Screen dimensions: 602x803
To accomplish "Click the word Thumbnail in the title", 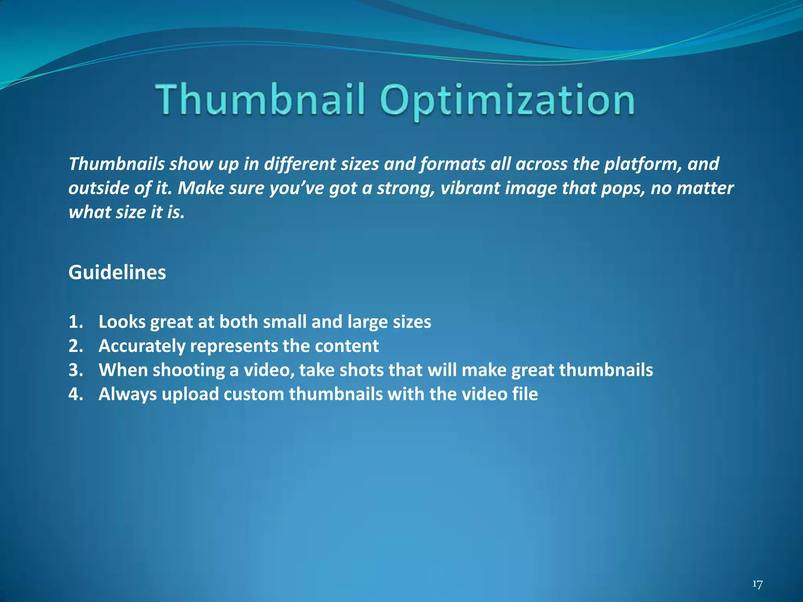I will [x=261, y=99].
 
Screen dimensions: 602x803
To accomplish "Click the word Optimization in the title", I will [x=507, y=100].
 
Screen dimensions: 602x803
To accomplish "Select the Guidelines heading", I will [x=117, y=272].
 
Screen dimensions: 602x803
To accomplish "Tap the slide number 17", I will [x=758, y=584].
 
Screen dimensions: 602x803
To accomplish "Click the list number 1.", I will [x=75, y=322].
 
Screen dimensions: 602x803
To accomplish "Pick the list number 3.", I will [x=75, y=370].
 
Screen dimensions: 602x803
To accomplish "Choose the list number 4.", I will [x=75, y=394].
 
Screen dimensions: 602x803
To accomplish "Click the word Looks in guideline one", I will [x=122, y=322].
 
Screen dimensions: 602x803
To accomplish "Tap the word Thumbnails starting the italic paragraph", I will [x=116, y=164].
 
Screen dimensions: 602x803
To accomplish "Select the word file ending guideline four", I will [x=525, y=394].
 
